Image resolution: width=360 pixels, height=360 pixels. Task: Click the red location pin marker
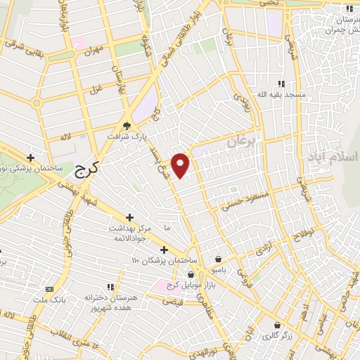coord(181,165)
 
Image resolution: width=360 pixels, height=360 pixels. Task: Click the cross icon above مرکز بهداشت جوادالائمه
coord(129,218)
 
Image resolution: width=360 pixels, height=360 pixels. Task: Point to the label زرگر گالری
coord(278,336)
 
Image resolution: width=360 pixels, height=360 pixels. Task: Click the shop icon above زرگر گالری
coord(278,326)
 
